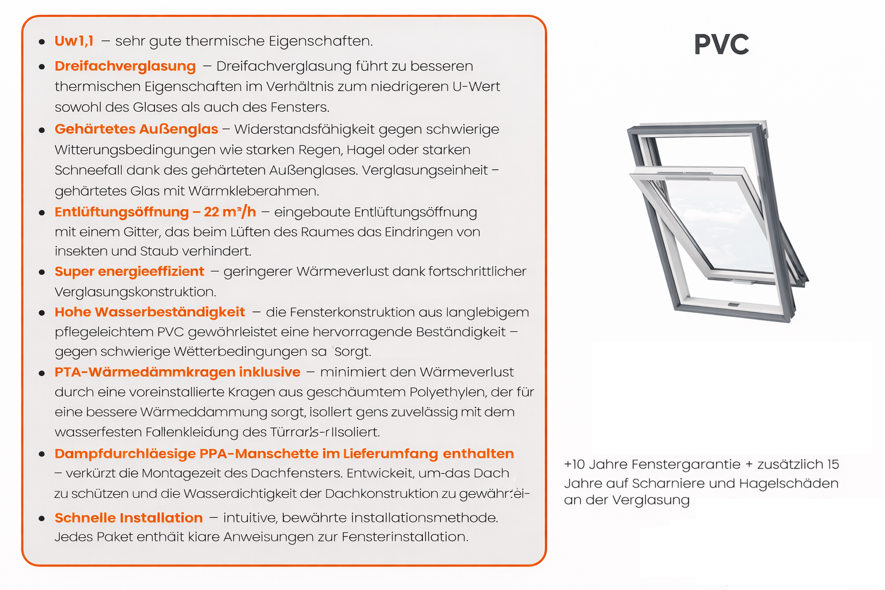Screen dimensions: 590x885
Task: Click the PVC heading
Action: pos(721,45)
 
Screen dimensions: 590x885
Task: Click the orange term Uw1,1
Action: pos(74,41)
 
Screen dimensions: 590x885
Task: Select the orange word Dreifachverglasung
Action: pos(125,66)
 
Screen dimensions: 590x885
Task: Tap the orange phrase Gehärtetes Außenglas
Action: pos(136,129)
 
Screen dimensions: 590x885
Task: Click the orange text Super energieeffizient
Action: pos(129,271)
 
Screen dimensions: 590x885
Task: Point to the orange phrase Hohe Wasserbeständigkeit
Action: pos(150,312)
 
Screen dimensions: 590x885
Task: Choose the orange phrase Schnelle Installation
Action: pos(128,518)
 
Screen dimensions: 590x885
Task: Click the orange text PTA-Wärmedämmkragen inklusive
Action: pos(177,372)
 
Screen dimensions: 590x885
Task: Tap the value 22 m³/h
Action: pos(230,212)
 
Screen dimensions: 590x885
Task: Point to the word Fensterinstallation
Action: pos(404,537)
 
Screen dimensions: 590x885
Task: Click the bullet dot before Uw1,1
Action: pos(41,42)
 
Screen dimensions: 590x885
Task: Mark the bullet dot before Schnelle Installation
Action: pos(41,519)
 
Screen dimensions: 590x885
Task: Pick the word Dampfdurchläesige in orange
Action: pos(125,454)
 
